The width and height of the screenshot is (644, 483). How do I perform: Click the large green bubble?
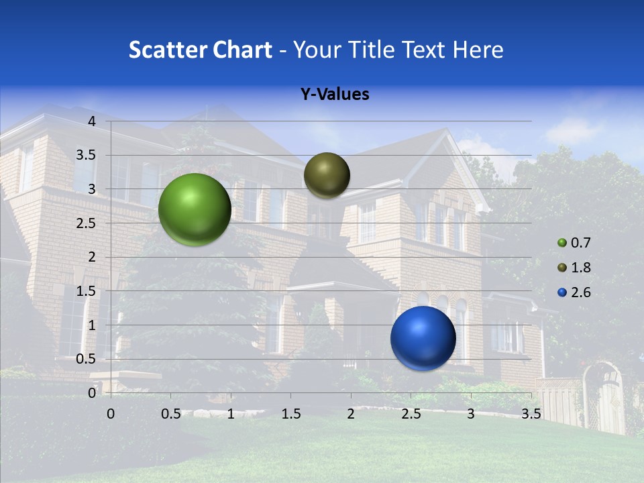[195, 209]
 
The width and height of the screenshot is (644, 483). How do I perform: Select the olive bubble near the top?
[327, 175]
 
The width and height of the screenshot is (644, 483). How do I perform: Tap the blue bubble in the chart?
[423, 338]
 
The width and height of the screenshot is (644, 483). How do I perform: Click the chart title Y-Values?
[334, 95]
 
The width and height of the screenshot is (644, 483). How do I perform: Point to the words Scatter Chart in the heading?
[200, 50]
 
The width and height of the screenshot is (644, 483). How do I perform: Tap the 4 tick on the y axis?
[92, 121]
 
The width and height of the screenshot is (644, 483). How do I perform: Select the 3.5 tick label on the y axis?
[87, 155]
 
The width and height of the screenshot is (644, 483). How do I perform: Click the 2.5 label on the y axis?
[87, 223]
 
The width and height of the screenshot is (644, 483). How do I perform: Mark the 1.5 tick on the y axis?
[87, 291]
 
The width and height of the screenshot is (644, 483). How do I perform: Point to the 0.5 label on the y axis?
[87, 359]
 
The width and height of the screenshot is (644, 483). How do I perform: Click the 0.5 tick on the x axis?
[170, 414]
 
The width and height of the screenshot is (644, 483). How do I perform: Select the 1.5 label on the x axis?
[290, 414]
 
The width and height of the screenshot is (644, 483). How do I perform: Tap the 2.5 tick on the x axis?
[411, 414]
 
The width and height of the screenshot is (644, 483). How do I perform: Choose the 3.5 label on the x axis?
[531, 414]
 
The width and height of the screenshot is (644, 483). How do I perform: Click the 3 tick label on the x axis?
[471, 414]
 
